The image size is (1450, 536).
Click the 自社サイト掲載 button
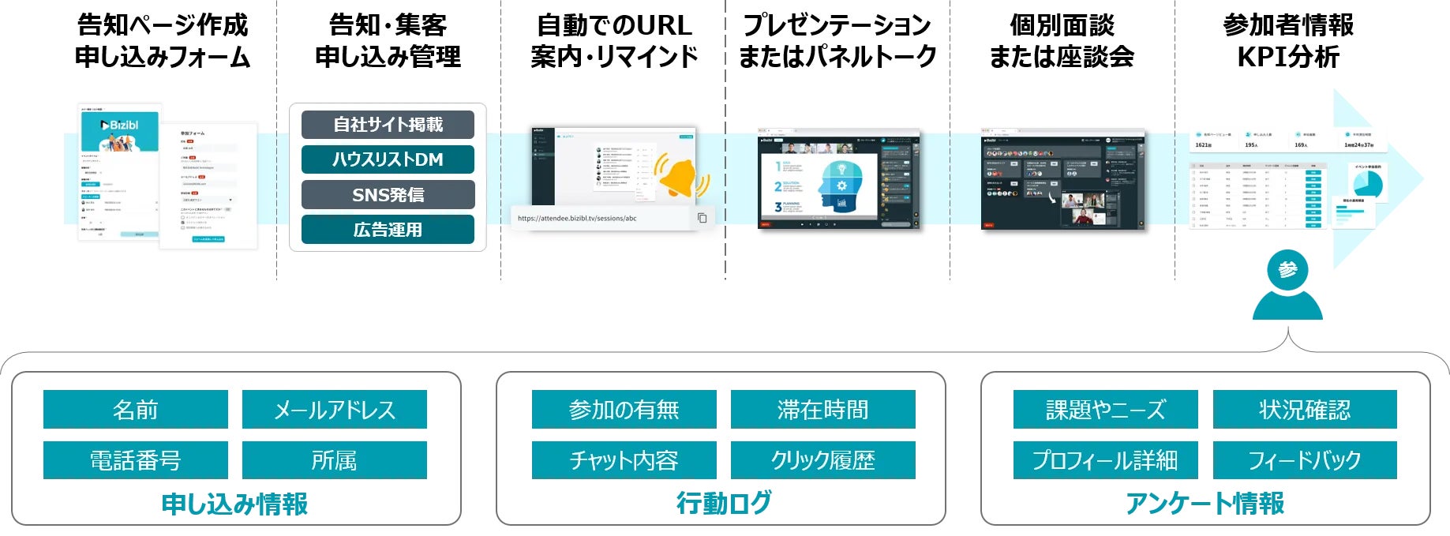click(x=388, y=125)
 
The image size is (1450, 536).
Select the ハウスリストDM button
click(x=388, y=159)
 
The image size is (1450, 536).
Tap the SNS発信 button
click(x=388, y=194)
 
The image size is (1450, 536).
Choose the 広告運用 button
click(x=388, y=230)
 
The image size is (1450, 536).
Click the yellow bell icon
click(x=678, y=178)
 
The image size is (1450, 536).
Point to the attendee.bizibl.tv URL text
click(x=577, y=219)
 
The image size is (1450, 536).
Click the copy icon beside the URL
click(x=702, y=218)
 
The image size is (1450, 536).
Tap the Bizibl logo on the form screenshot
click(x=119, y=126)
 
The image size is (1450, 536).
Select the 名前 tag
click(x=136, y=410)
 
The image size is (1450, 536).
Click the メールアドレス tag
click(x=334, y=410)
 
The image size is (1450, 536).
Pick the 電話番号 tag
click(x=136, y=460)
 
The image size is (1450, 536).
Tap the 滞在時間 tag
click(x=822, y=410)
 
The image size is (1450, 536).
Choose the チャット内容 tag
click(x=624, y=460)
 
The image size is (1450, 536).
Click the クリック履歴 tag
click(x=822, y=460)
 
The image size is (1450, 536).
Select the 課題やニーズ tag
click(x=1105, y=410)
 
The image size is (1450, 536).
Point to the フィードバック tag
click(x=1304, y=460)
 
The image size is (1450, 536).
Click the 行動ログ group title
click(x=723, y=503)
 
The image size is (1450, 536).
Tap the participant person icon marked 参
click(x=1287, y=284)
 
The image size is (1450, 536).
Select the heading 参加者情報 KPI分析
click(x=1288, y=41)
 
